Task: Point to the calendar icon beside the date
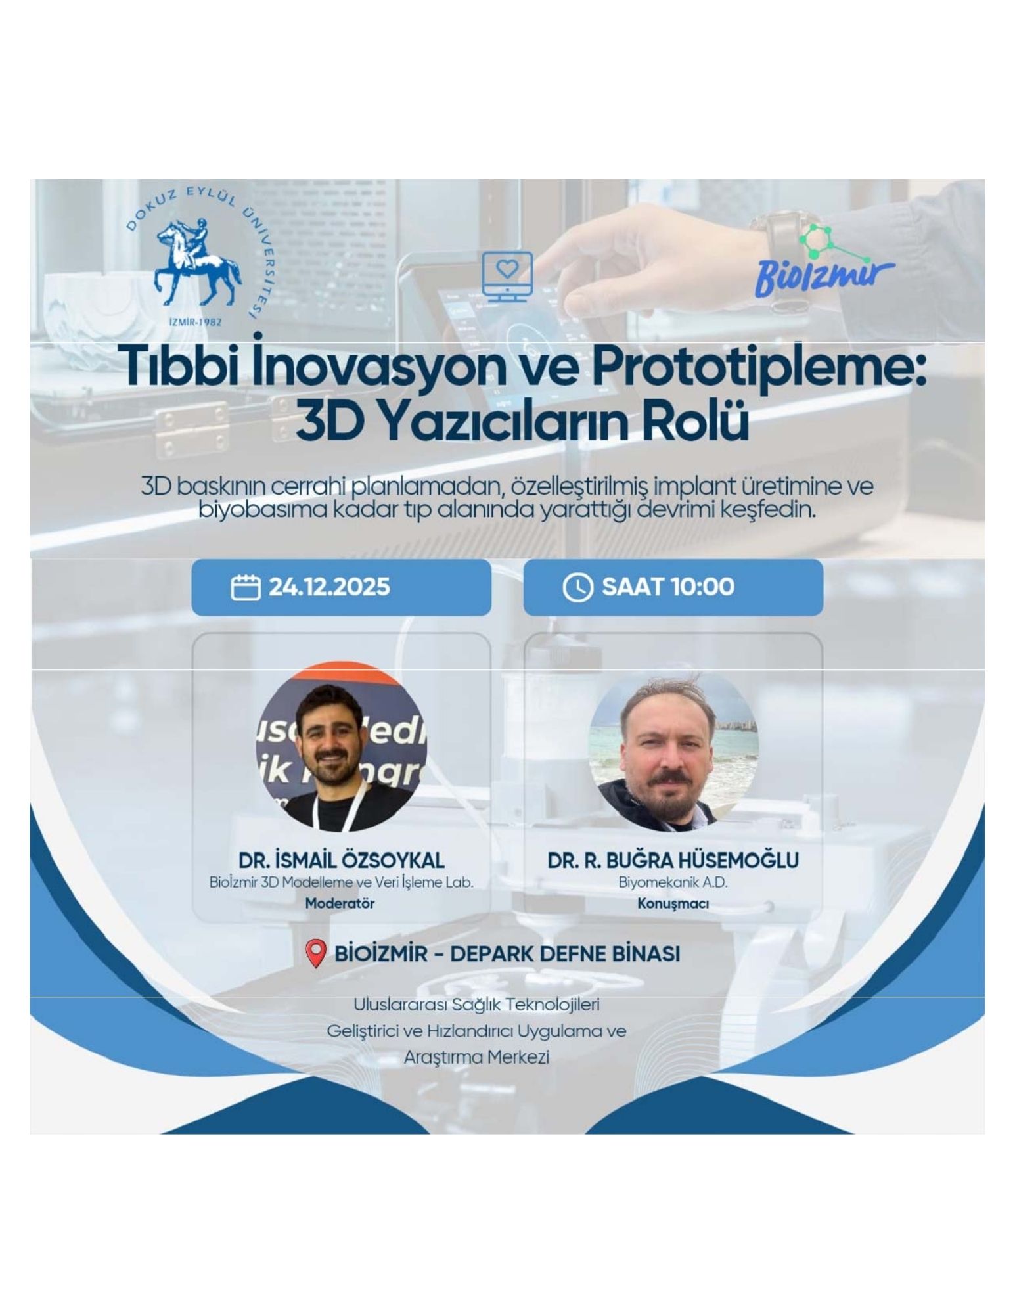247,587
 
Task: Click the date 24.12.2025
329,587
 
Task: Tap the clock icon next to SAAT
577,587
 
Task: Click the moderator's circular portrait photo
341,748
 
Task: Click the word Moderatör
340,903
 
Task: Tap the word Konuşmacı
673,904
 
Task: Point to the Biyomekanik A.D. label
673,882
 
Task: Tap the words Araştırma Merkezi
476,1057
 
